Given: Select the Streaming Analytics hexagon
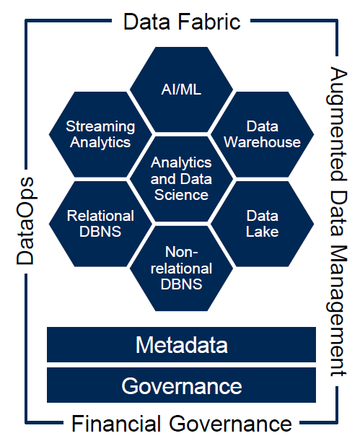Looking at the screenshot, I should pyautogui.click(x=100, y=134).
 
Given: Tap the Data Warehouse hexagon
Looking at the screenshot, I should pyautogui.click(x=262, y=134).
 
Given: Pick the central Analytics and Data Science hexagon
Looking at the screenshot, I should pyautogui.click(x=181, y=178).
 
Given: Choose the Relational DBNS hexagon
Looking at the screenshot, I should pyautogui.click(x=100, y=224).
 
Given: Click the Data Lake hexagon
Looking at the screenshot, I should pyautogui.click(x=262, y=224).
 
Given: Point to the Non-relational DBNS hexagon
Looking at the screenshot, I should pyautogui.click(x=181, y=268).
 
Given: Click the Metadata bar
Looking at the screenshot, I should pyautogui.click(x=181, y=344).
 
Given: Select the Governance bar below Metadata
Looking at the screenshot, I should pyautogui.click(x=181, y=385).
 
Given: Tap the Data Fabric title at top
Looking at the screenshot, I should pyautogui.click(x=181, y=21).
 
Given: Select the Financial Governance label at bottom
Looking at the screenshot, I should pyautogui.click(x=181, y=423).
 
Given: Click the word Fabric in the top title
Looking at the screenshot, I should pyautogui.click(x=211, y=21).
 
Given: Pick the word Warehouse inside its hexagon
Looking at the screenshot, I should pyautogui.click(x=262, y=142).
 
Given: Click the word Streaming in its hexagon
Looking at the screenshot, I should pyautogui.click(x=100, y=126).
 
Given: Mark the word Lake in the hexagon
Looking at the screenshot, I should pyautogui.click(x=262, y=232).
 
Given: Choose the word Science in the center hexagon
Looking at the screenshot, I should pyautogui.click(x=181, y=194).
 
